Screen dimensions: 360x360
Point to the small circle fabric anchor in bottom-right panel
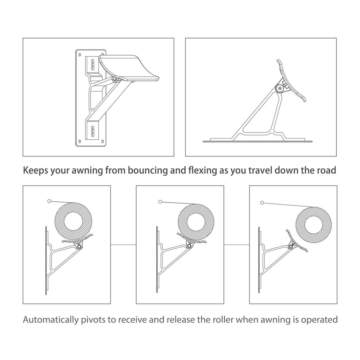pyautogui.click(x=262, y=203)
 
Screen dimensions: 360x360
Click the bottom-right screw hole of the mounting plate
pyautogui.click(x=103, y=141)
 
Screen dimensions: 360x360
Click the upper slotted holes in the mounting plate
pyautogui.click(x=92, y=64)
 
